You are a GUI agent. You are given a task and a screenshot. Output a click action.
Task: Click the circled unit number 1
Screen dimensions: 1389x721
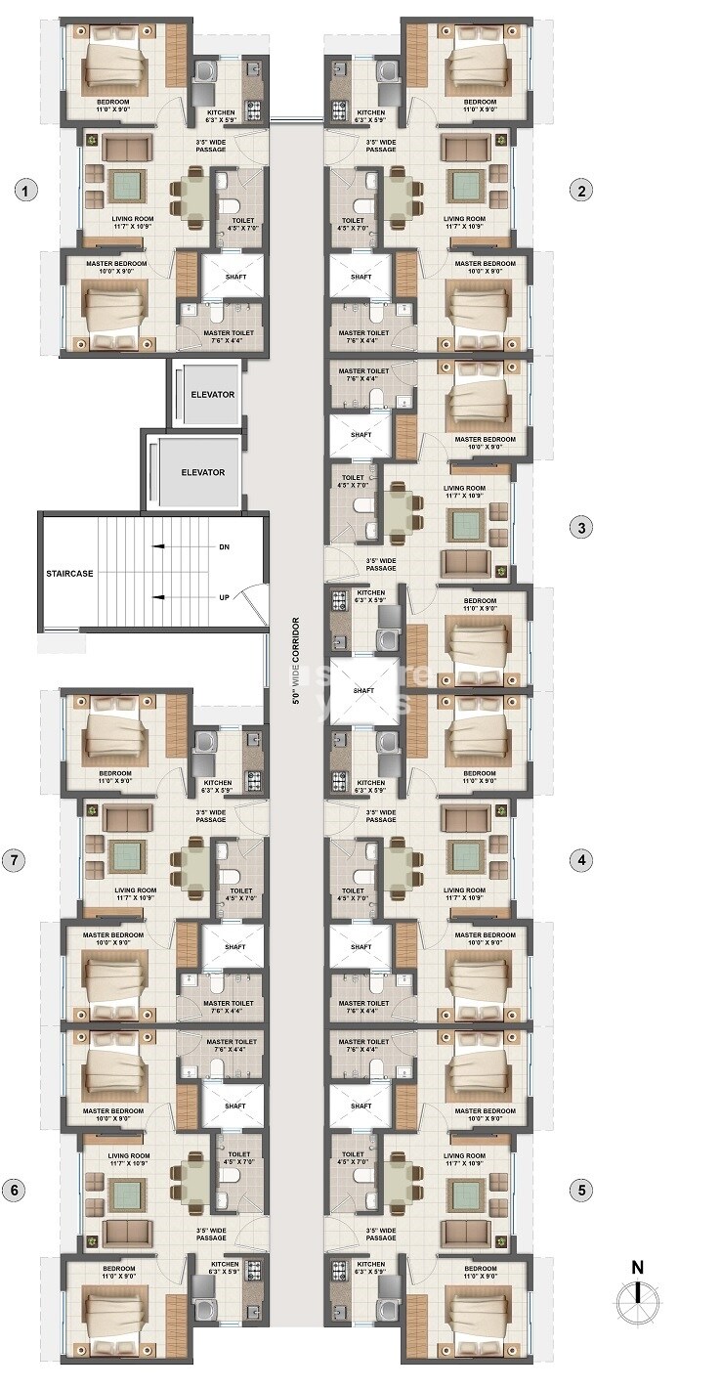pos(26,191)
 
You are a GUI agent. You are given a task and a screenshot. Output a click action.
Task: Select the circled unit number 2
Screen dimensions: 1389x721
pos(581,191)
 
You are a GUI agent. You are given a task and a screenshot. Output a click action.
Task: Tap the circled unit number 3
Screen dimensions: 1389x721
pos(581,528)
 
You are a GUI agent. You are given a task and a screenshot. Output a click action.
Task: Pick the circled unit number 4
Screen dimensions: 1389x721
pos(581,860)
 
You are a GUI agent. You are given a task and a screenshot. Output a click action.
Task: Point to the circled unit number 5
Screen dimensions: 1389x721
pos(581,1191)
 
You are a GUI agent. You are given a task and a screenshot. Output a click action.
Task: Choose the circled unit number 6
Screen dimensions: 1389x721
pos(14,1191)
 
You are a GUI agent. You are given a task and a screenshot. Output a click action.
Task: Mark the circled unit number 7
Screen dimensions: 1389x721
pos(14,860)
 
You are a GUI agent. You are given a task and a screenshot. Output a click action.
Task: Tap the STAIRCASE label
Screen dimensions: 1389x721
pos(68,574)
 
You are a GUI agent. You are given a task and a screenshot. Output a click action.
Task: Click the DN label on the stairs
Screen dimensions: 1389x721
pos(224,547)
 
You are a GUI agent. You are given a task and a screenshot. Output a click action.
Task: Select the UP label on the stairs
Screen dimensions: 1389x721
pos(224,597)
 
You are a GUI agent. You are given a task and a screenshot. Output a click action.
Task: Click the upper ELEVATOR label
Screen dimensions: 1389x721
pos(213,394)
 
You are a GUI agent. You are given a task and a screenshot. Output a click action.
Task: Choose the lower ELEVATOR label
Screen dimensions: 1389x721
pos(202,472)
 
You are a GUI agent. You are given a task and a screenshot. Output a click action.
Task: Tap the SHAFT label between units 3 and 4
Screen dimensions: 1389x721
pos(362,690)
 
